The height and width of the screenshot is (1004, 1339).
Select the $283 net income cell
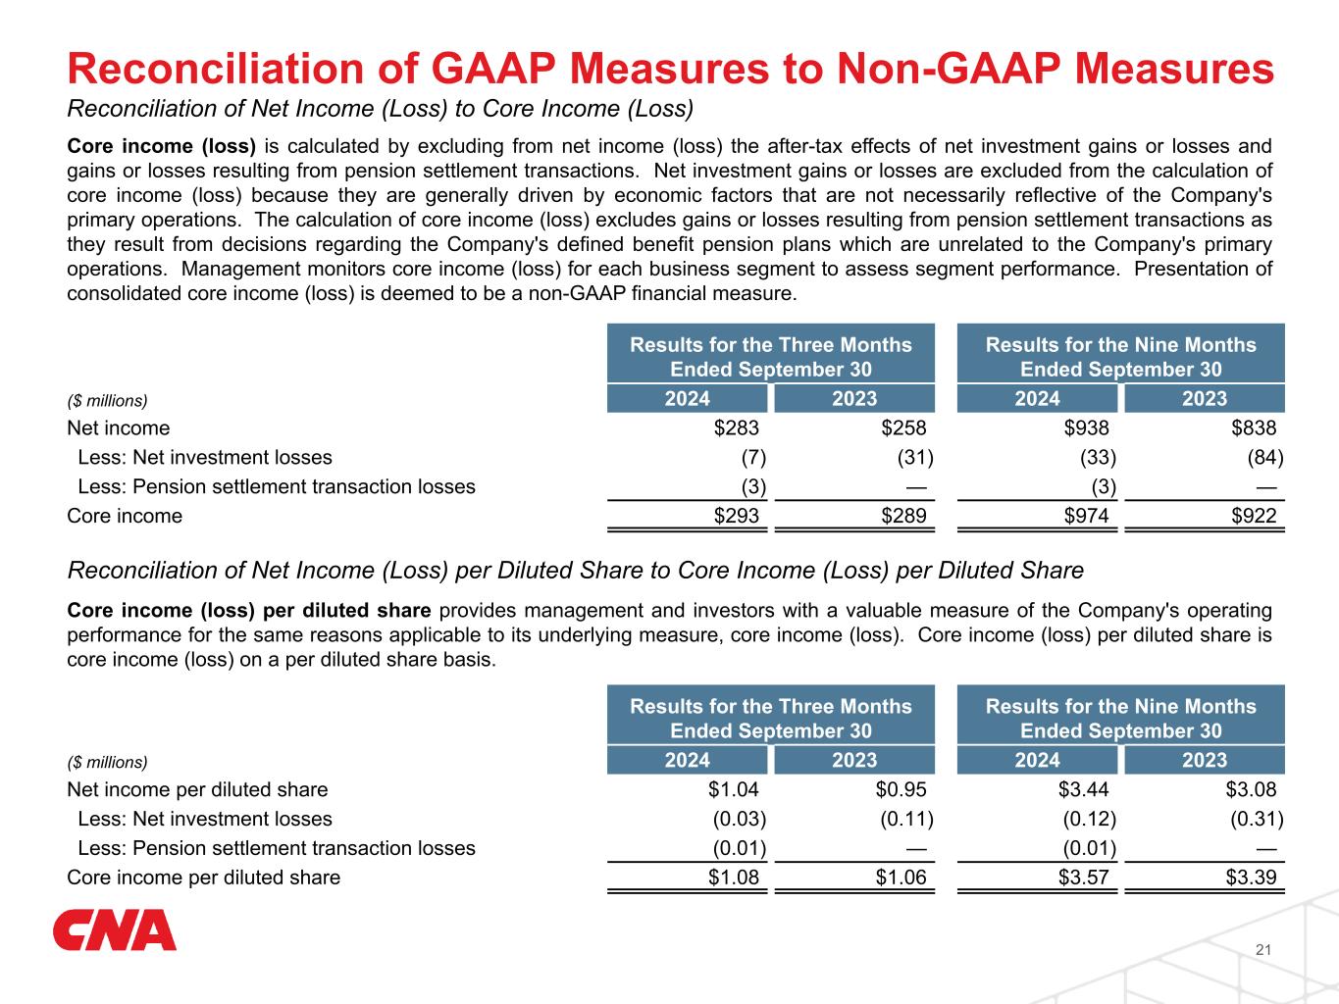[737, 428]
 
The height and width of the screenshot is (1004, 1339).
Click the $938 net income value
[1087, 428]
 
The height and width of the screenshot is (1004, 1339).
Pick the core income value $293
[737, 516]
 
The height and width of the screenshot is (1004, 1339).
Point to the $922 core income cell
[1255, 516]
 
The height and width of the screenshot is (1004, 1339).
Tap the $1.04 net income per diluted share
[734, 790]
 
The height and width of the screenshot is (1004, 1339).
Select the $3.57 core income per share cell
[1084, 878]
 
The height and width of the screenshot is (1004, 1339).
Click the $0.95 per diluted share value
[901, 790]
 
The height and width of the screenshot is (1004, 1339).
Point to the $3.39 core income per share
[1252, 878]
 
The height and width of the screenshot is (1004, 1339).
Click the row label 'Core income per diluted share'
[203, 878]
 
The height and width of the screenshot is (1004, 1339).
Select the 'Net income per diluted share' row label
[197, 790]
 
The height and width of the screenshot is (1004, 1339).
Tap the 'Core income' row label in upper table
[125, 516]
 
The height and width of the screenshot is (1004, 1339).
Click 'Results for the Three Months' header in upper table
[771, 345]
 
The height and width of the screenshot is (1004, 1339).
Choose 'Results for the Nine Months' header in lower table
[1120, 707]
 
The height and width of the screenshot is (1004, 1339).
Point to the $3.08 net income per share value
[1252, 790]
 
